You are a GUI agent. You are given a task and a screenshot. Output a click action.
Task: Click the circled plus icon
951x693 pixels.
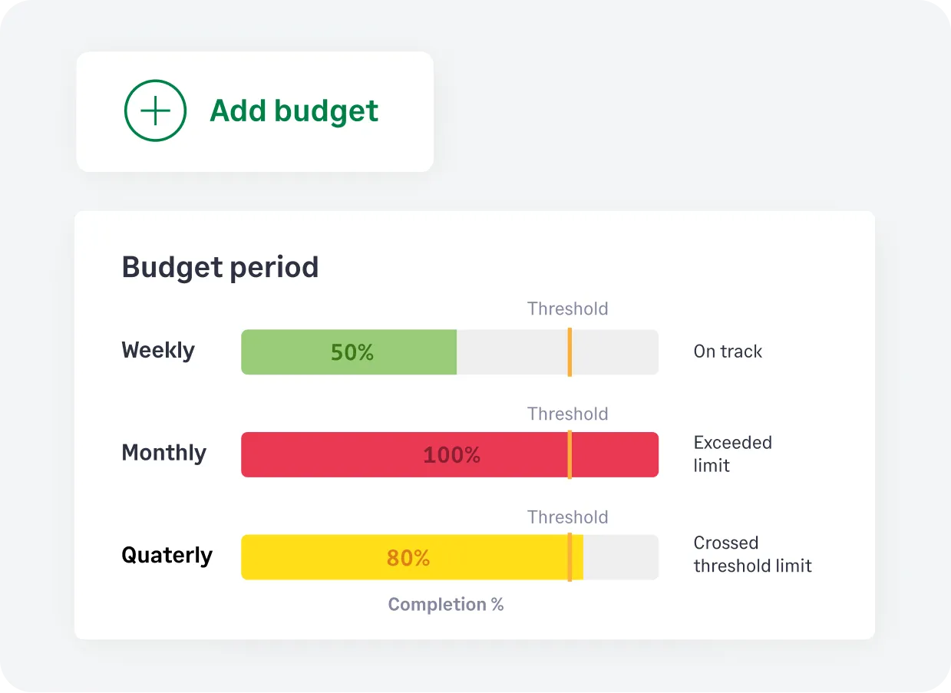click(x=155, y=111)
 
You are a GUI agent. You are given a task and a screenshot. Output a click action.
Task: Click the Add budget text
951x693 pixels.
click(x=294, y=111)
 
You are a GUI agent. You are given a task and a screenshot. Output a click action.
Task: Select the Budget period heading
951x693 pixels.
click(x=220, y=267)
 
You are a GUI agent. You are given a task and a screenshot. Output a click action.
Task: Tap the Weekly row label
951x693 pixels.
click(x=158, y=351)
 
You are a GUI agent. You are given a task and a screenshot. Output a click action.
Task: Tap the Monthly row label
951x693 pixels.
click(x=163, y=453)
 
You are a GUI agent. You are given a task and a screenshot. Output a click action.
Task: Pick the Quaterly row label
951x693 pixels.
click(x=167, y=555)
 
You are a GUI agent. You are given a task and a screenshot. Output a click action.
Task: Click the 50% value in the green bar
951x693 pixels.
click(x=352, y=352)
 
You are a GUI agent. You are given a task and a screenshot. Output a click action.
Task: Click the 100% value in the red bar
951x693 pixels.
click(x=451, y=455)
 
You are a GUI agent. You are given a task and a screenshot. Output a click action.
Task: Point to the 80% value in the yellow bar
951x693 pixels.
click(x=408, y=558)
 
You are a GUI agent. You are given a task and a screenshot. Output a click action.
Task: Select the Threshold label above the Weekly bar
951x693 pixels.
click(x=567, y=309)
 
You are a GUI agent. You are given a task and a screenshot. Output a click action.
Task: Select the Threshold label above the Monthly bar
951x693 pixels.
click(x=567, y=414)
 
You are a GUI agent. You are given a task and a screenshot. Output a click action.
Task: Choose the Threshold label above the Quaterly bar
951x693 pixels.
click(x=567, y=517)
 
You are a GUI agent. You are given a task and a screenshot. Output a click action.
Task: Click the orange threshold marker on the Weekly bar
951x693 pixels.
click(x=570, y=352)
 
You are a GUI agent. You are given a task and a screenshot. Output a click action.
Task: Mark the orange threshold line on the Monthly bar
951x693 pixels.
click(x=570, y=455)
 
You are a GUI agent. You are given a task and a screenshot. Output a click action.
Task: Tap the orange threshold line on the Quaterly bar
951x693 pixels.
click(x=570, y=557)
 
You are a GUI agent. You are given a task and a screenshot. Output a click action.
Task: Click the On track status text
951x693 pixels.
click(x=728, y=351)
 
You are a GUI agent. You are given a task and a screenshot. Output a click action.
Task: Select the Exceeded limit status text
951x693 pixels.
click(x=732, y=454)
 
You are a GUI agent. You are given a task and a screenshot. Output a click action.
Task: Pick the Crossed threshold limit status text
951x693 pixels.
click(x=752, y=554)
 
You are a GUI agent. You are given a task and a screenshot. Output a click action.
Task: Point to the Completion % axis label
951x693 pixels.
click(x=446, y=605)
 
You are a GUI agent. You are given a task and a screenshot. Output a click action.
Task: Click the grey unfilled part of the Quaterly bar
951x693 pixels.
click(x=620, y=557)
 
